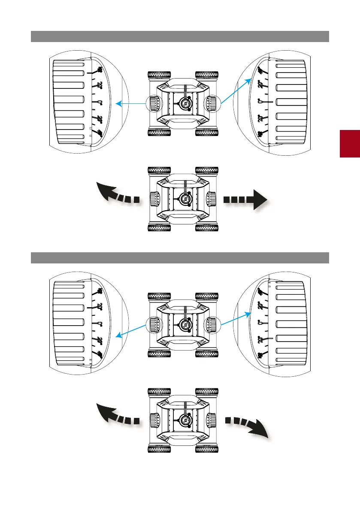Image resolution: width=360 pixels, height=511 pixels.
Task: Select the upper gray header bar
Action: [180, 36]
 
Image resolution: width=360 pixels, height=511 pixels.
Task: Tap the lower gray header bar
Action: [180, 258]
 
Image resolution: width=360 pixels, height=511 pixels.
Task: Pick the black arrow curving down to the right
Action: [248, 426]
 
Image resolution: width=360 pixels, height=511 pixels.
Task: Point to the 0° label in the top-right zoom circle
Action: [260, 102]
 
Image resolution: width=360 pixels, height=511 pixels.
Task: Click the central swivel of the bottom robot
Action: [185, 420]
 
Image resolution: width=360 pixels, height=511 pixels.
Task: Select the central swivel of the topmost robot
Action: [185, 103]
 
